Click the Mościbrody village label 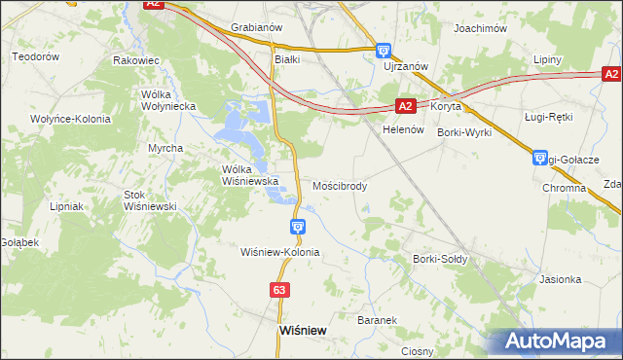tap(340, 185)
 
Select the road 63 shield tap(280, 290)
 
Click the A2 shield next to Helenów tap(407, 106)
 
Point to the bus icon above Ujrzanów tap(384, 51)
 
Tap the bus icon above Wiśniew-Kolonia tap(298, 227)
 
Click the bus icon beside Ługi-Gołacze tap(541, 158)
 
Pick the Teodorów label tap(36, 56)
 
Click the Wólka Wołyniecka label tap(168, 99)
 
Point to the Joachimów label tap(481, 29)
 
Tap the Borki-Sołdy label tap(440, 259)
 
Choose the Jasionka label tap(560, 279)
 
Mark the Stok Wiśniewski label tap(148, 200)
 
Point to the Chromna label tap(563, 187)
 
